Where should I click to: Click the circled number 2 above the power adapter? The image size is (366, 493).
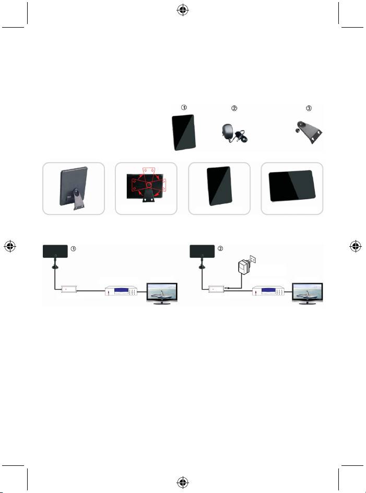click(234, 109)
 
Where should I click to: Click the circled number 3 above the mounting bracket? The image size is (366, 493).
click(309, 109)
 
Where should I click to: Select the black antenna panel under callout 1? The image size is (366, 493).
click(184, 132)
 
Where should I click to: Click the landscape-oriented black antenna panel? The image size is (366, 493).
click(291, 188)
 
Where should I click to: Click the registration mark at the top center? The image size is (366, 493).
click(183, 9)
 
